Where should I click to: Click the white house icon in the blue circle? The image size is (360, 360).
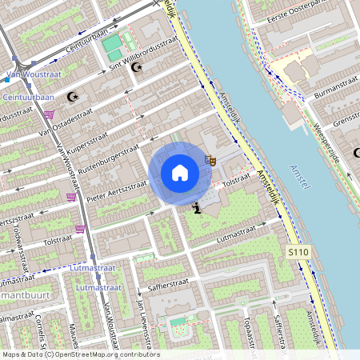pos(180,173)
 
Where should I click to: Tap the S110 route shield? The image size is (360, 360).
pos(297,252)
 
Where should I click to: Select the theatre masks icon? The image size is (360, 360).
pos(210,160)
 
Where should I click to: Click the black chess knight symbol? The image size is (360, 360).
pos(197,209)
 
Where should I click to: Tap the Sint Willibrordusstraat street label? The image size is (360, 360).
pos(144,54)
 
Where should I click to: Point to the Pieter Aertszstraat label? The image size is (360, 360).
pos(117,189)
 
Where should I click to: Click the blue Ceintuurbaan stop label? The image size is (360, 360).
pos(29,97)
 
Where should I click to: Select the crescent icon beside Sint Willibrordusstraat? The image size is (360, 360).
pos(135,67)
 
